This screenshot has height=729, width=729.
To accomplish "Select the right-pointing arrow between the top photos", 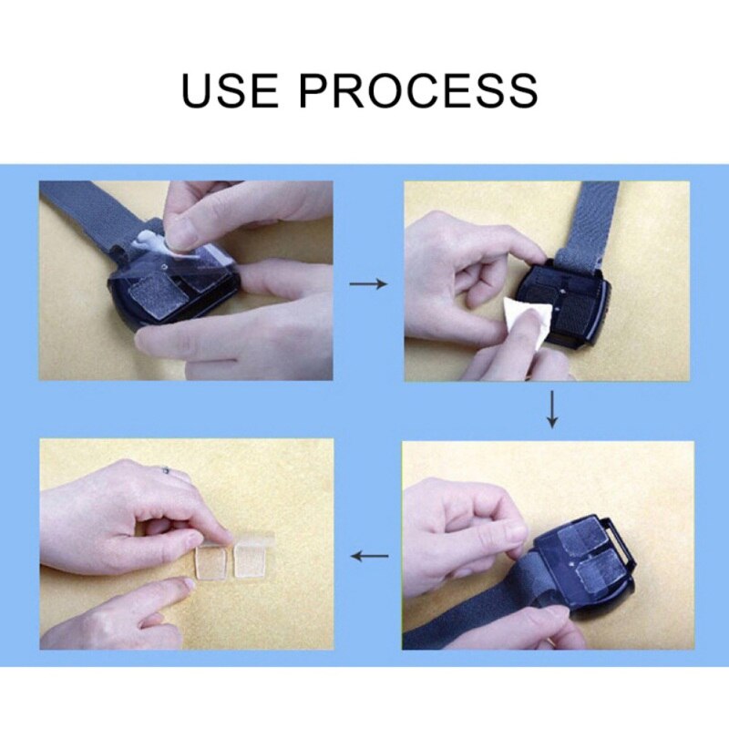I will [x=367, y=284].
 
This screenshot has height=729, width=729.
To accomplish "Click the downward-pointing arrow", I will [x=550, y=410].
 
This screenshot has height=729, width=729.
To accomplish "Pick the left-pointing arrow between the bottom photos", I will [x=370, y=555].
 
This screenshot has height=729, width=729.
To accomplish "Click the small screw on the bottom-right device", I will [x=577, y=564].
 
